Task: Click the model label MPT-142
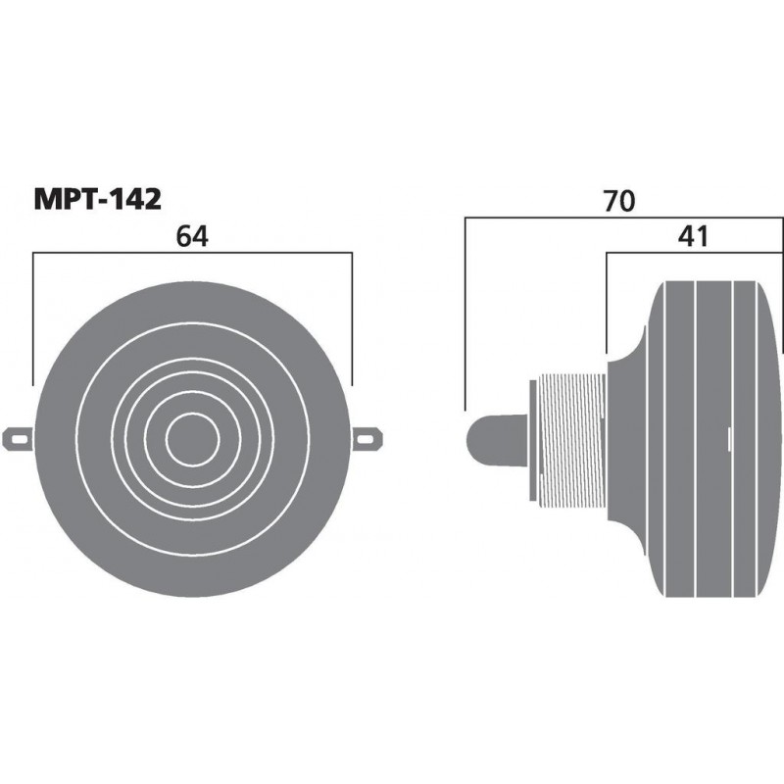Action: (x=97, y=198)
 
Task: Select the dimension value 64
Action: (x=192, y=236)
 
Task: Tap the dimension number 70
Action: (x=619, y=201)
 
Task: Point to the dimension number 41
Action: (x=693, y=236)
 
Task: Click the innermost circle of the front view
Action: (x=192, y=437)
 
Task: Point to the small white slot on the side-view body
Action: (x=730, y=432)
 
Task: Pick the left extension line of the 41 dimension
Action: (x=608, y=304)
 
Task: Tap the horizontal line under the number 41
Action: (x=696, y=253)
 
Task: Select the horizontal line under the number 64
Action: (x=192, y=253)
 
